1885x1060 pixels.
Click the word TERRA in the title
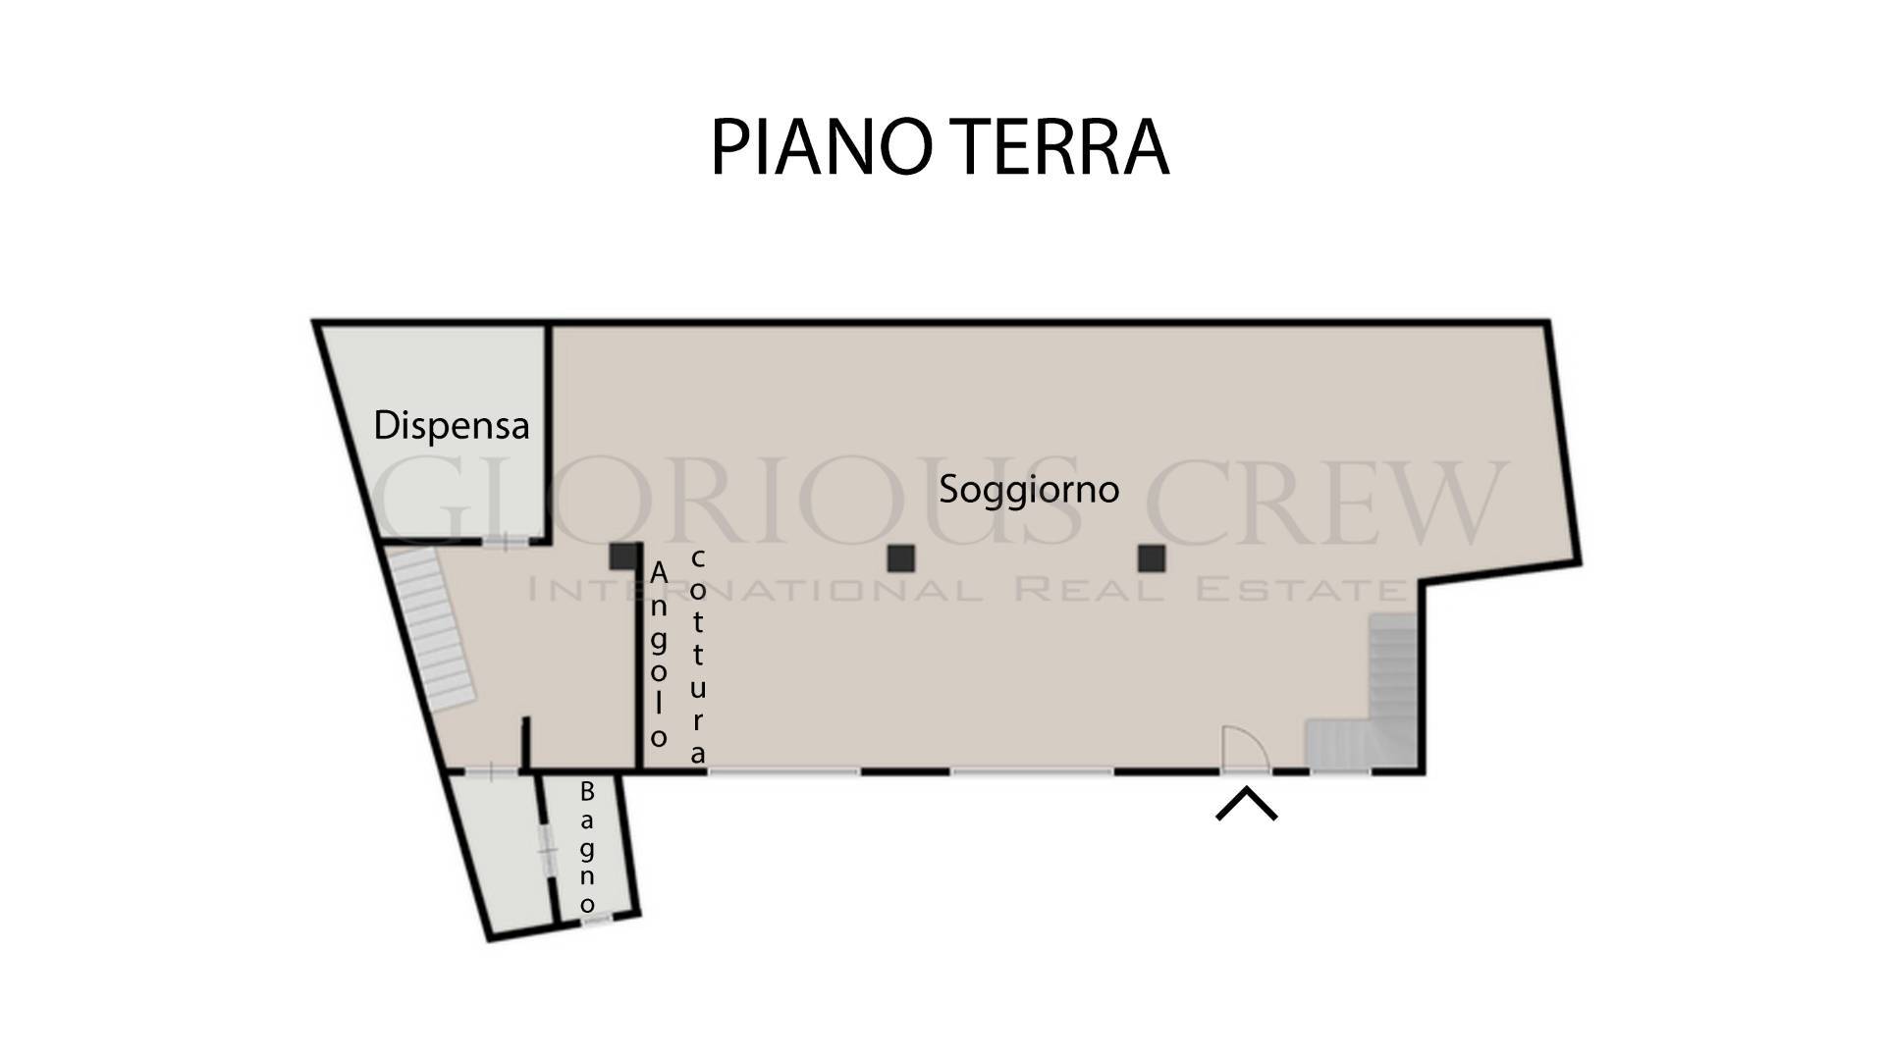1063,147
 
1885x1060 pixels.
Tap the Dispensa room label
452,425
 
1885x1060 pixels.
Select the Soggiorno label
1029,490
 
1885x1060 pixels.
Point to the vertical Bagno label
587,847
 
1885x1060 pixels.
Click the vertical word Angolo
659,655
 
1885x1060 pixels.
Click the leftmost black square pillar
622,556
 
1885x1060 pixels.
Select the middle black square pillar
901,558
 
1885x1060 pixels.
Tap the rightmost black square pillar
1152,558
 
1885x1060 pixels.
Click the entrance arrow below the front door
1247,802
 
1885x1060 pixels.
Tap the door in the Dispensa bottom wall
505,541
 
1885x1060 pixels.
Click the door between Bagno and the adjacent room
547,849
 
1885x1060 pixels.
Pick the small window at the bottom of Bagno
597,919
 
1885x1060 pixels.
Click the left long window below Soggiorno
783,772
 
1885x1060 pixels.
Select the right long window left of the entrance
1032,772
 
